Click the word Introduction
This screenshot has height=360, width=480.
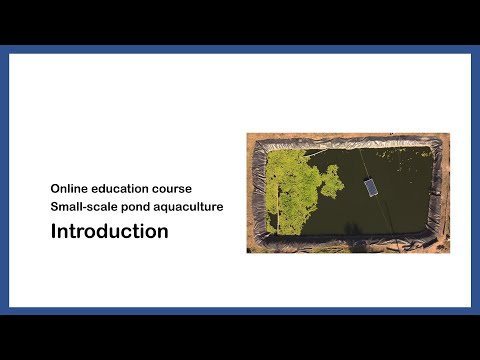110,232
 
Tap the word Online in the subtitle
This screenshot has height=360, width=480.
71,188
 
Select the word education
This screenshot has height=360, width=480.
126,188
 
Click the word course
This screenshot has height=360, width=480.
184,188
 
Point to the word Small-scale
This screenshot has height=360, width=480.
84,207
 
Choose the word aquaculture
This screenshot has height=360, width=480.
190,207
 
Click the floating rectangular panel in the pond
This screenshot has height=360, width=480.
370,187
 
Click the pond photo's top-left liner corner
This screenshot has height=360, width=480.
257,141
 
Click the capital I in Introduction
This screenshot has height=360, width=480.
54,232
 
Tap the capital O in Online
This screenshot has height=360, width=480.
56,188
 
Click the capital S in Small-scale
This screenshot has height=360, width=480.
56,207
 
